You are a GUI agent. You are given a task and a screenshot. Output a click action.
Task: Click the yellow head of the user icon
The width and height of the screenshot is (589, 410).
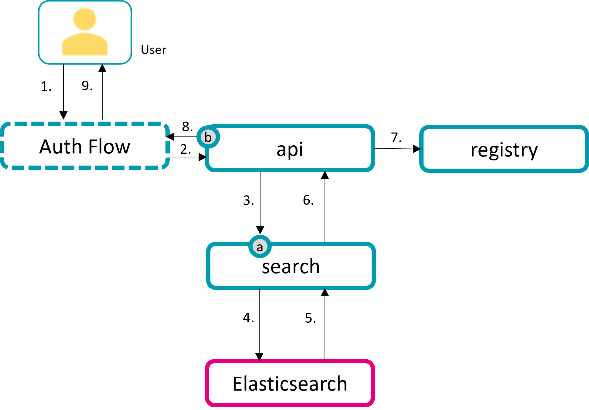[85, 19]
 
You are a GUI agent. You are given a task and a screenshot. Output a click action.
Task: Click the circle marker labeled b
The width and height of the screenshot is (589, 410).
[208, 137]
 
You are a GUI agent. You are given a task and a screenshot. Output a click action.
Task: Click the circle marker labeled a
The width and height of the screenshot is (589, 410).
[260, 247]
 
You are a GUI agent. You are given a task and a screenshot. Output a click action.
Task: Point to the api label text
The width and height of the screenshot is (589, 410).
[290, 149]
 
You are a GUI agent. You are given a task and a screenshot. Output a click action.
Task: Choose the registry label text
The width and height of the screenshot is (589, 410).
[504, 150]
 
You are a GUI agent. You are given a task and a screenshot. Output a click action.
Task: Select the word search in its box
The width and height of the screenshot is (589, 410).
[291, 267]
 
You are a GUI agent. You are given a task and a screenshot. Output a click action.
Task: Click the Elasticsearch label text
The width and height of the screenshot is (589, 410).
[290, 384]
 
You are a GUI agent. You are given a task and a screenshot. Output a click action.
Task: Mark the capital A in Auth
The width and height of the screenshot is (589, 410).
[46, 147]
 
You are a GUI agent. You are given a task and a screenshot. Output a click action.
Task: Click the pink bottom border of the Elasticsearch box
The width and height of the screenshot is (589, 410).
[290, 405]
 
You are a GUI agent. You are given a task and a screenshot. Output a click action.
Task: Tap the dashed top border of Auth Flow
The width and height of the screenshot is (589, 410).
[85, 124]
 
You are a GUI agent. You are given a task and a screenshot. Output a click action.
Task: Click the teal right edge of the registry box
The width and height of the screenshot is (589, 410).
[586, 149]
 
